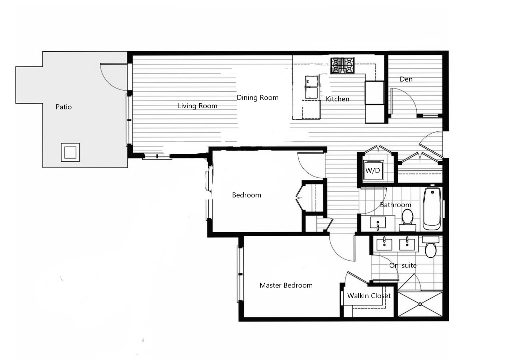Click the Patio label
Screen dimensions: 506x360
[x=64, y=107]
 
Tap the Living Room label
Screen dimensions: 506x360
[x=197, y=106]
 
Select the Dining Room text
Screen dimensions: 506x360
[x=257, y=97]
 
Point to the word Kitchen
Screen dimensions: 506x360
[x=338, y=99]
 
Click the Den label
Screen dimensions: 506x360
[x=406, y=79]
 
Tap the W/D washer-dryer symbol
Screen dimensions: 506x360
[x=373, y=170]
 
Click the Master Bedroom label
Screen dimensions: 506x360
[x=286, y=285]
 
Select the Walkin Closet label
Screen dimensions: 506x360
[x=369, y=296]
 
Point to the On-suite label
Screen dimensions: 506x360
[x=403, y=265]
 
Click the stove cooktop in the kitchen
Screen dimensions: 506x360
[x=343, y=66]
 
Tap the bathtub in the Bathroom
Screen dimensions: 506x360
[x=432, y=209]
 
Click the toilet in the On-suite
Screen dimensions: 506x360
[x=430, y=247]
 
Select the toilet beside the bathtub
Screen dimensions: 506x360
[x=408, y=220]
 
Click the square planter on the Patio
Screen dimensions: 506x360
[x=70, y=152]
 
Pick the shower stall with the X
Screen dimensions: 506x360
[x=420, y=304]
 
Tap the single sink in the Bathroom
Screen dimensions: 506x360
[x=378, y=223]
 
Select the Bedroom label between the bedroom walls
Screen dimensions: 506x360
[x=246, y=195]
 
